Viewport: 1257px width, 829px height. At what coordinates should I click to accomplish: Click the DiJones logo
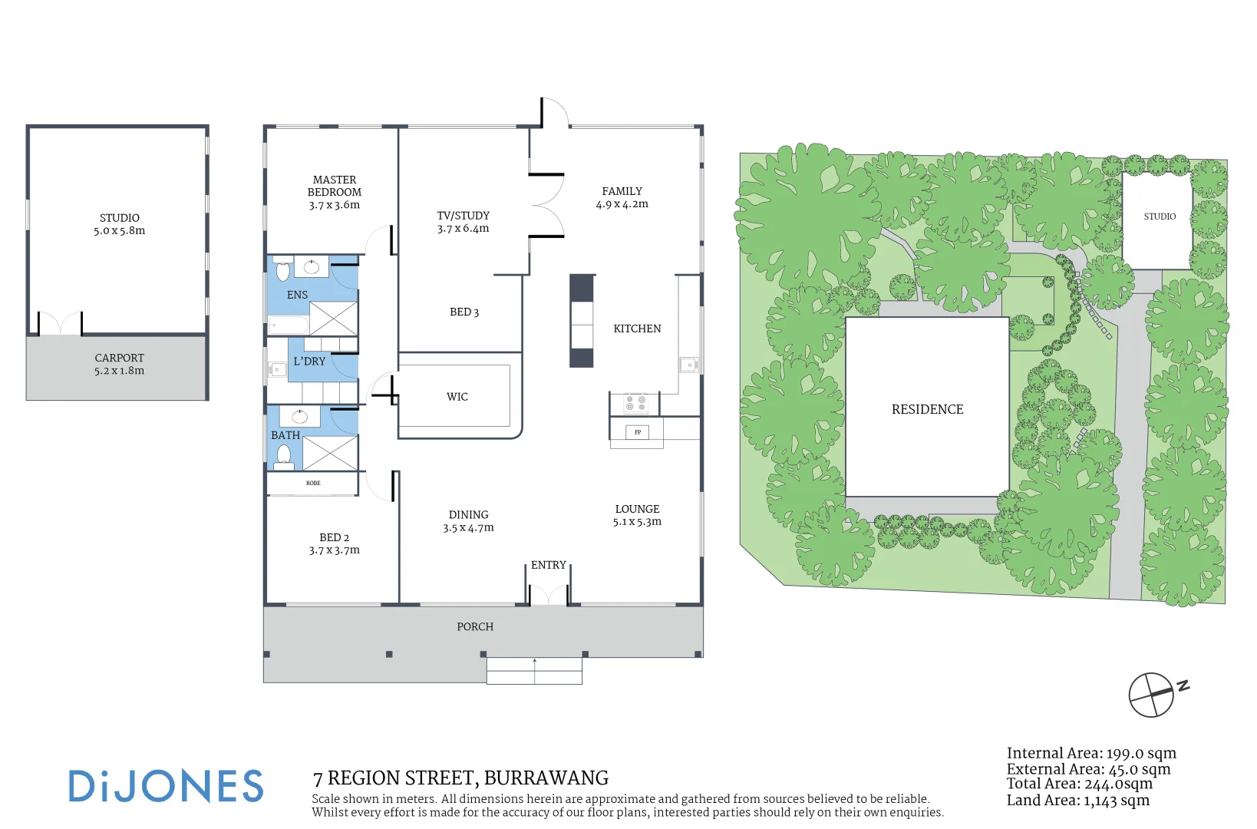point(166,785)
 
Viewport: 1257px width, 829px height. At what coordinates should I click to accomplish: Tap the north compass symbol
point(1156,695)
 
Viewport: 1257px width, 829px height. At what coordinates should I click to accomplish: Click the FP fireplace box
point(638,432)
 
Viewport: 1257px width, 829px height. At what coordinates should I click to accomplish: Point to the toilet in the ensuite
point(283,270)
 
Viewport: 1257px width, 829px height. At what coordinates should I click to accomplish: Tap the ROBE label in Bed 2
point(313,483)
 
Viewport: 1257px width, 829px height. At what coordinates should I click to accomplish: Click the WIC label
point(457,397)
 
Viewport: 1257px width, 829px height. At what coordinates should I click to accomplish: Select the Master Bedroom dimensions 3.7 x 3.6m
point(335,205)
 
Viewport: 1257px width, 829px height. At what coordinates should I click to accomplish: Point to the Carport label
point(120,358)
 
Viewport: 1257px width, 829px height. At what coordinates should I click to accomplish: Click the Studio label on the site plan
point(1160,216)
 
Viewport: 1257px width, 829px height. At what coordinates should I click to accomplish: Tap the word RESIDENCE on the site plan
point(928,409)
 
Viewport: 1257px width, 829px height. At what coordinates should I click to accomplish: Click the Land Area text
point(1078,800)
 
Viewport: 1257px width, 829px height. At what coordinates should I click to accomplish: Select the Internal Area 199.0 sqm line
point(1091,753)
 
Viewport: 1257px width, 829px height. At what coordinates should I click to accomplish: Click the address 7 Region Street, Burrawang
point(460,778)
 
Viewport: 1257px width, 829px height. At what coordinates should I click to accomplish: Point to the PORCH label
point(475,626)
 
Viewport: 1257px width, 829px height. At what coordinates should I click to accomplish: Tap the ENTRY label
point(548,565)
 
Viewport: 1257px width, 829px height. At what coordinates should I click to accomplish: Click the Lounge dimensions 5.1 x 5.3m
point(637,521)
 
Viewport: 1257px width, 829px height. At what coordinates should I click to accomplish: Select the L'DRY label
point(309,361)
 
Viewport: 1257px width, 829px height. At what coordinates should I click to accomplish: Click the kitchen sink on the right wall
point(688,365)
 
